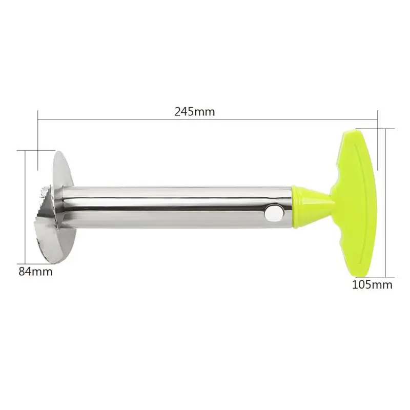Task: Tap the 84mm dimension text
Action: pyautogui.click(x=35, y=272)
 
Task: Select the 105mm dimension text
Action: pyautogui.click(x=372, y=284)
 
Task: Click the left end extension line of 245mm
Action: pyautogui.click(x=38, y=138)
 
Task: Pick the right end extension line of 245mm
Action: pyautogui.click(x=378, y=138)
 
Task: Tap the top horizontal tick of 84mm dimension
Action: pyautogui.click(x=29, y=150)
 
